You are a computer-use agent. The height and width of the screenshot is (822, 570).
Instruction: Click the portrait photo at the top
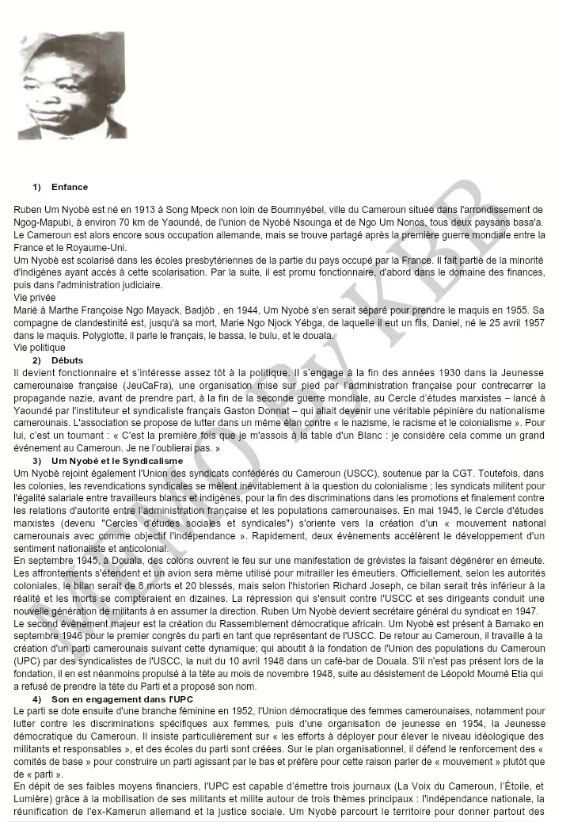point(70,86)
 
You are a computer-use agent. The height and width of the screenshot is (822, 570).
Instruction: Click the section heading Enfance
point(70,188)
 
